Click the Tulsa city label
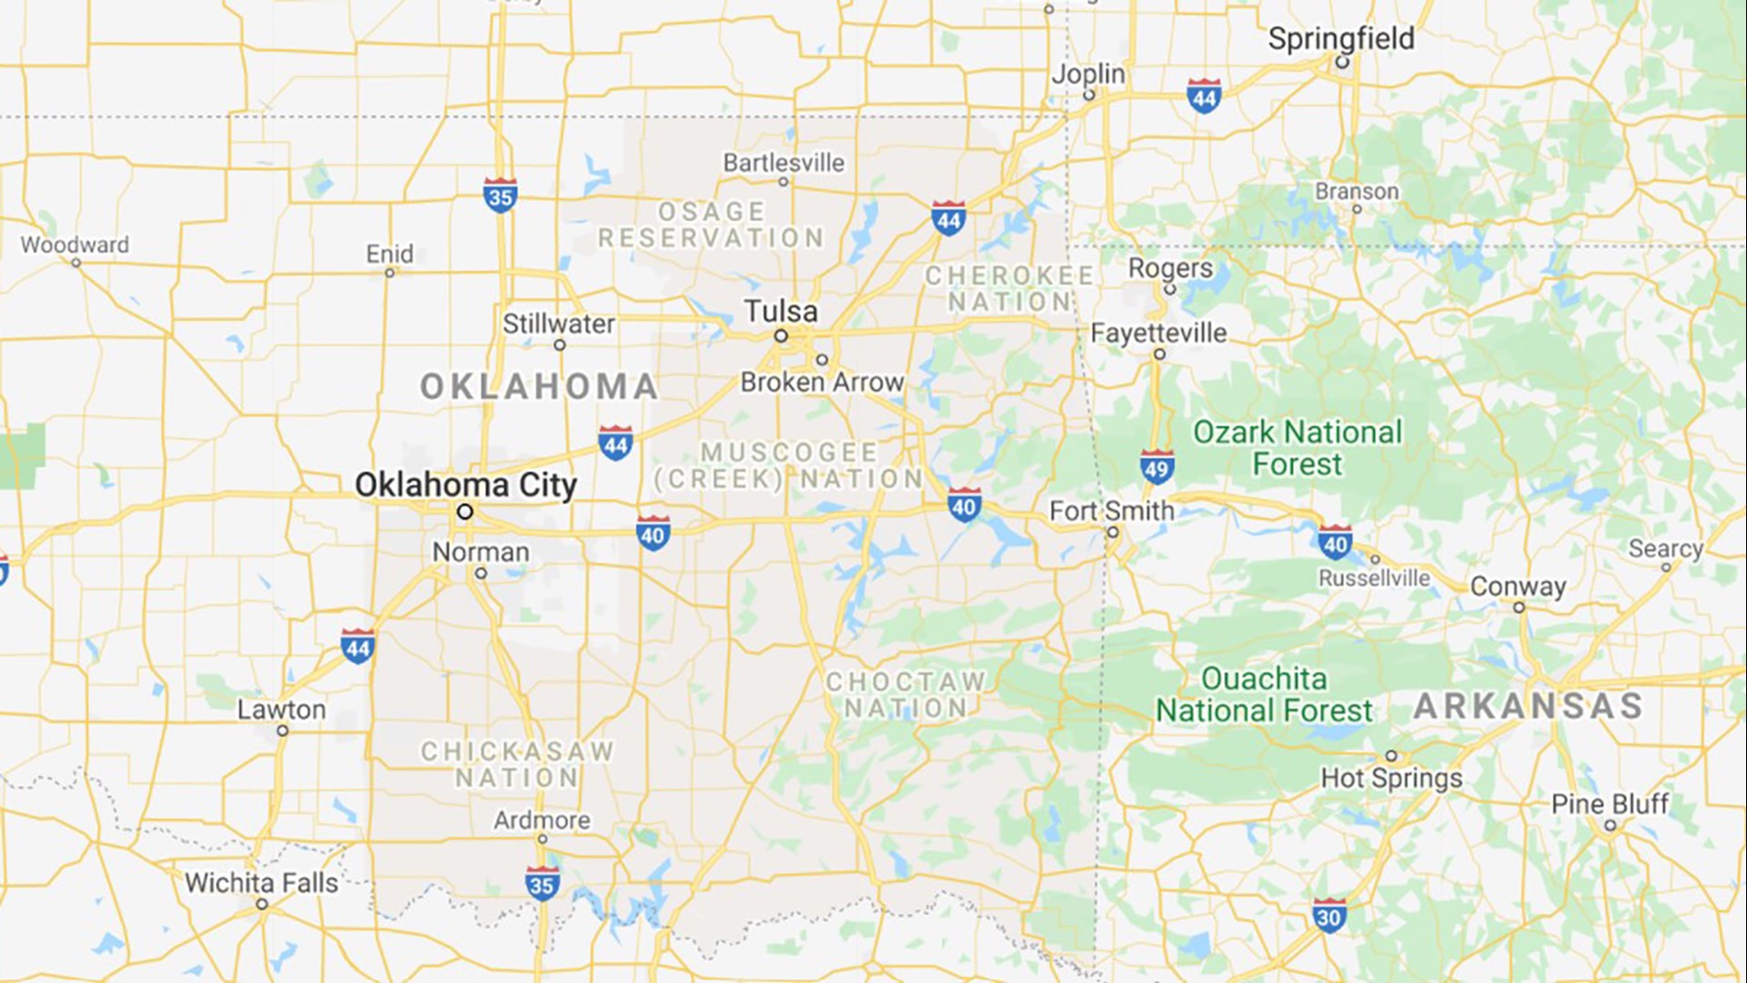point(781,311)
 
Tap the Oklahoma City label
point(466,484)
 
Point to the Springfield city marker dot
point(1341,62)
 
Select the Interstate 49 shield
point(1156,467)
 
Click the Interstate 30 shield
point(1329,916)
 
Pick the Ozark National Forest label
point(1298,448)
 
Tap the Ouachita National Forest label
point(1264,694)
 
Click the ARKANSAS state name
point(1529,706)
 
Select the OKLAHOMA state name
point(539,387)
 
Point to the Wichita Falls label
point(261,883)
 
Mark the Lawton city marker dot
point(282,731)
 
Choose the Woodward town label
point(75,245)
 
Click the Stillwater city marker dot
point(560,345)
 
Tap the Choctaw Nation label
point(905,694)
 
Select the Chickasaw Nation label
point(517,765)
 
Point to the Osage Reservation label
point(711,225)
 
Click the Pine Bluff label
point(1610,805)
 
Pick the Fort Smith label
point(1112,512)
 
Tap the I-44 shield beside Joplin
point(1204,96)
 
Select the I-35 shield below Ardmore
point(541,884)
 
